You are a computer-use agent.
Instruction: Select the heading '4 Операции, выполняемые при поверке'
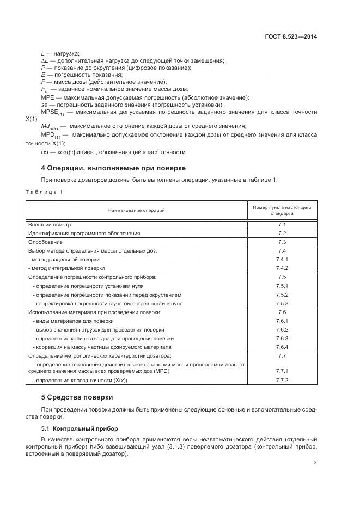113,168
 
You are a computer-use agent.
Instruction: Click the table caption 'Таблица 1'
45,192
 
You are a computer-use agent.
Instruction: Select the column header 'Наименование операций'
136,210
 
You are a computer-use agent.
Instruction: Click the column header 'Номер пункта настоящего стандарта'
282,210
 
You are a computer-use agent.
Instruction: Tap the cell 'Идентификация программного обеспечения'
84,233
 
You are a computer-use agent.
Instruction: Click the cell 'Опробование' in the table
45,242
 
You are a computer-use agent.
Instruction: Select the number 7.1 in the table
282,224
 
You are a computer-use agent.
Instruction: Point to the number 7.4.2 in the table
282,268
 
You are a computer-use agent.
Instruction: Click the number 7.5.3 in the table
282,303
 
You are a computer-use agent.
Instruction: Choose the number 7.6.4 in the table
282,347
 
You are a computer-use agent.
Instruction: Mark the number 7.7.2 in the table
282,380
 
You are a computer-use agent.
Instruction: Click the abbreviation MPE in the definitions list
47,97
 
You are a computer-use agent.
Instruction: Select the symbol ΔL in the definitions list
45,60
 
